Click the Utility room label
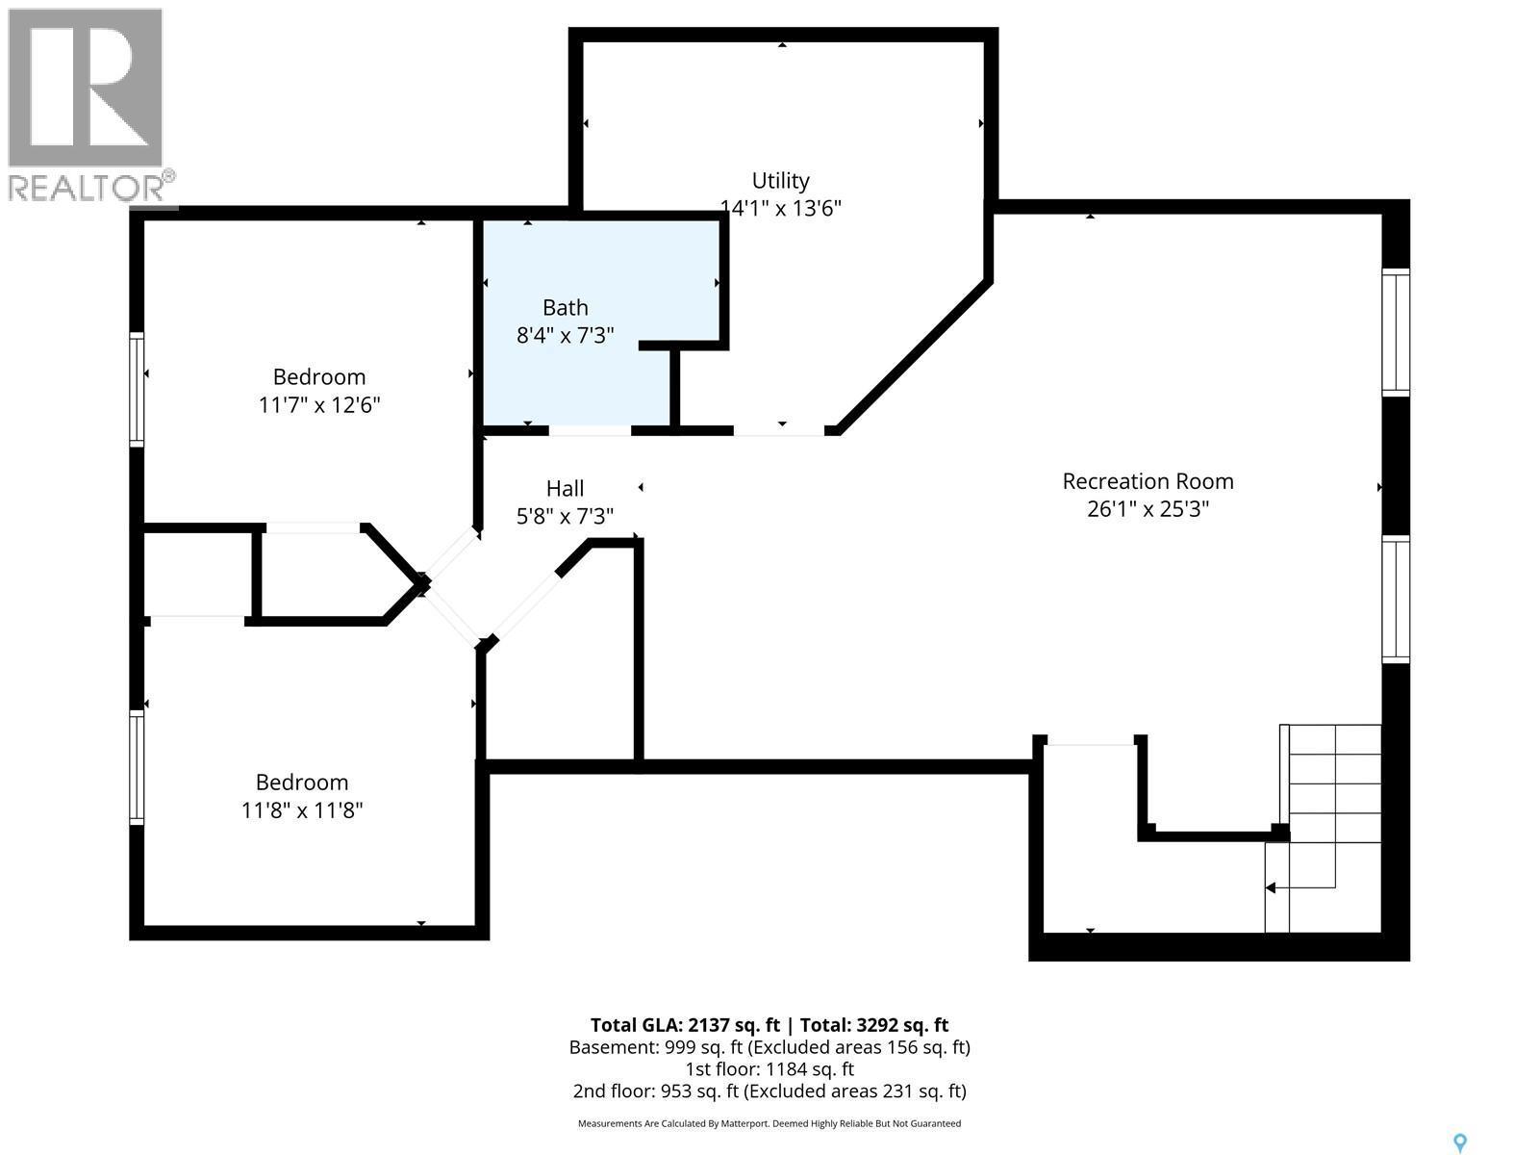[780, 181]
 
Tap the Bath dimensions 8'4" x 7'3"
[565, 335]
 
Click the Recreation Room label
[1148, 481]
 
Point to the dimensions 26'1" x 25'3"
[1148, 508]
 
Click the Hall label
[565, 488]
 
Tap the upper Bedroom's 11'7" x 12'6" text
[319, 404]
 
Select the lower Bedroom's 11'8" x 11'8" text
[302, 810]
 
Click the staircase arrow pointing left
[1272, 887]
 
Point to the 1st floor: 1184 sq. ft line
[769, 1068]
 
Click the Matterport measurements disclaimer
[769, 1123]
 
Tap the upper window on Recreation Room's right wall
[1396, 332]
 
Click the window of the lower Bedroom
[137, 767]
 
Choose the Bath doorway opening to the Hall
[590, 430]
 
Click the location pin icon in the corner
[1460, 1142]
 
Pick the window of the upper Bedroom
[137, 389]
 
